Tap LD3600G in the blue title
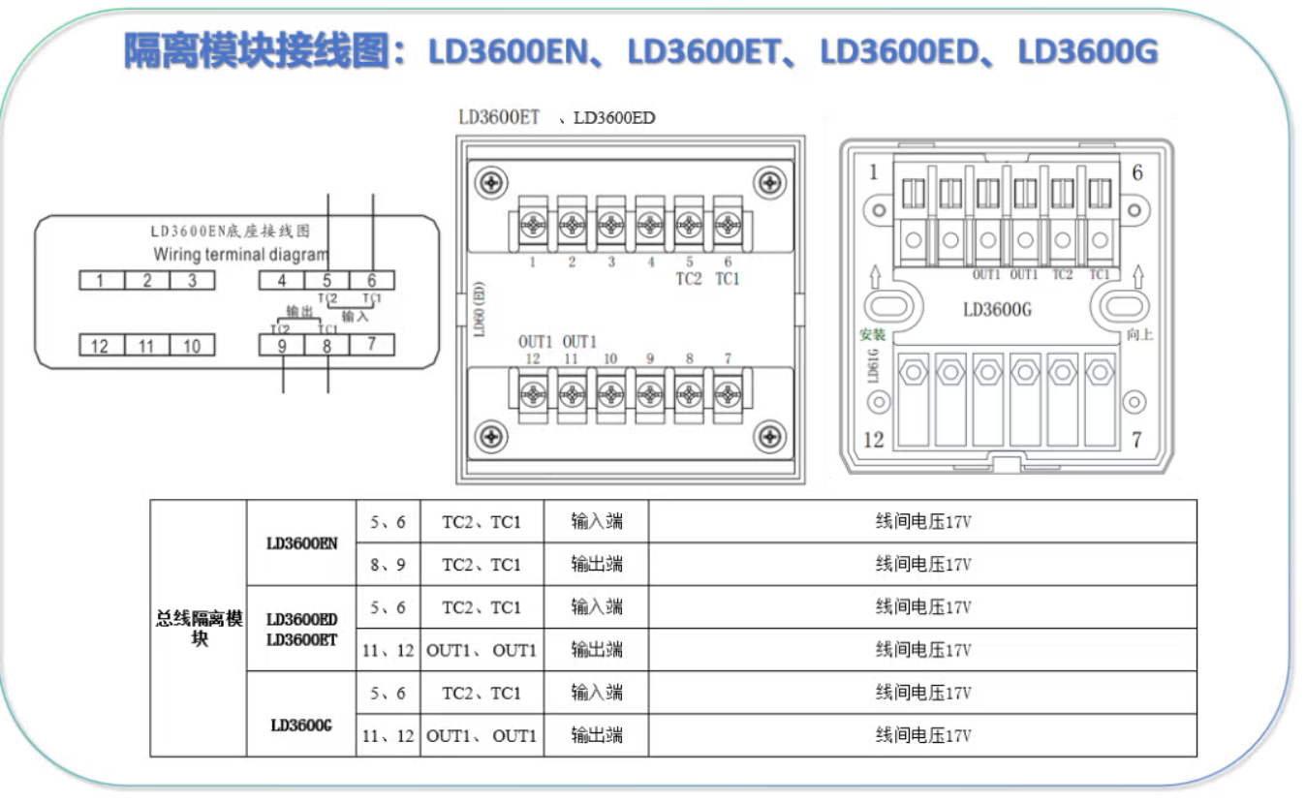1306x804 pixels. (1087, 51)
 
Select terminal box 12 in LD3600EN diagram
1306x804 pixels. (101, 346)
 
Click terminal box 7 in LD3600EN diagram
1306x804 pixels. (371, 344)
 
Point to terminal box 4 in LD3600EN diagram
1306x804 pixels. (281, 281)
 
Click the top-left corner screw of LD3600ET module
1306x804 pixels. (494, 181)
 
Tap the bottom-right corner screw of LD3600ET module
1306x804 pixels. (769, 436)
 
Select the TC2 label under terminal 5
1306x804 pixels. (688, 279)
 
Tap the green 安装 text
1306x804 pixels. (872, 335)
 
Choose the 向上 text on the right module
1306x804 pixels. (1140, 335)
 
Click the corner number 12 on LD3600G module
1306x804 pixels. (873, 439)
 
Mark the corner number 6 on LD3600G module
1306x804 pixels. (1137, 172)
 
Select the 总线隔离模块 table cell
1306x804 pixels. (199, 628)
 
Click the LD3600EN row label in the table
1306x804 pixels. (301, 543)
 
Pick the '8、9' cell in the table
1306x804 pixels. (388, 565)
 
